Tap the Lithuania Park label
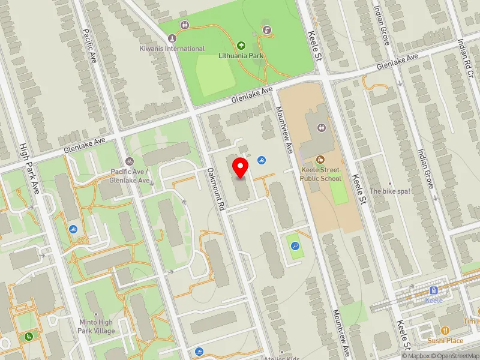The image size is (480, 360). tap(241, 56)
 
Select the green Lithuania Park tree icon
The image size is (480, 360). tap(241, 45)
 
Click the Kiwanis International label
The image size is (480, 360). tap(172, 49)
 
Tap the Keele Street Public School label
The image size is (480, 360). tap(321, 174)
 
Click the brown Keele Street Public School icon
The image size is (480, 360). tap(320, 160)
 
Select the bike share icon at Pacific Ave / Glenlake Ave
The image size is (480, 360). tap(130, 161)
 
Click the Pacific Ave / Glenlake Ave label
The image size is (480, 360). tap(130, 176)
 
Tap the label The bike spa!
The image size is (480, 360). tap(389, 191)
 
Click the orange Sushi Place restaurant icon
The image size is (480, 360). tap(445, 331)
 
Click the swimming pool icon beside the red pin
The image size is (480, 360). tap(261, 160)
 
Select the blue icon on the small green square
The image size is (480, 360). tap(295, 245)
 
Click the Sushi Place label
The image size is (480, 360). tap(445, 341)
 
